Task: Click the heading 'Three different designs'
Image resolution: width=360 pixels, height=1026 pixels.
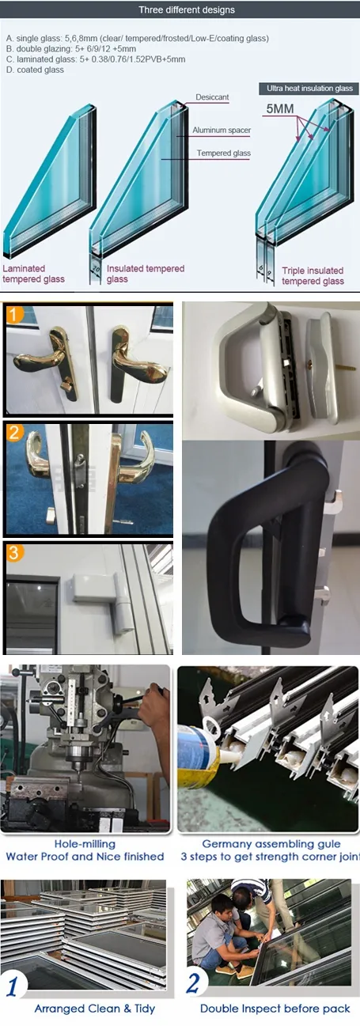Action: pos(186,10)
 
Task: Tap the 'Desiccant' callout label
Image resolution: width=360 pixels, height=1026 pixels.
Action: pos(213,97)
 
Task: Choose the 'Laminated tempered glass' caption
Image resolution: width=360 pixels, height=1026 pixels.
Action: pos(33,274)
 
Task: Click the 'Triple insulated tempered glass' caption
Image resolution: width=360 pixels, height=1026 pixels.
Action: pos(313,276)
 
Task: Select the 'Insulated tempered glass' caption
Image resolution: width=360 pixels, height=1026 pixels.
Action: pos(146,274)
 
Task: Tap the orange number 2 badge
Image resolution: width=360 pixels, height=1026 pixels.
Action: pos(17,433)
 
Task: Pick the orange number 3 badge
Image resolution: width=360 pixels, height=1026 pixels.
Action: pos(17,554)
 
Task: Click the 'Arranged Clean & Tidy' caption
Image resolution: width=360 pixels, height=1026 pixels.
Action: pos(94,1009)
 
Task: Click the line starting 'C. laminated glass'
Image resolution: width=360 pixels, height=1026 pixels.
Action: pos(95,59)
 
